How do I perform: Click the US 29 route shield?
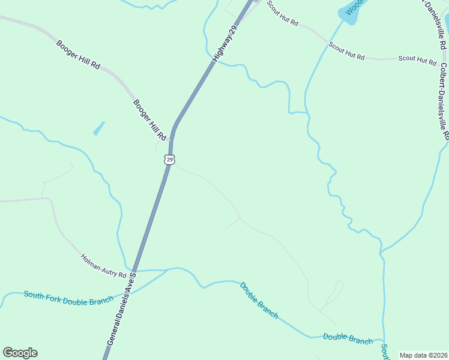click(170, 160)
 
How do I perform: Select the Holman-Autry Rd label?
click(103, 266)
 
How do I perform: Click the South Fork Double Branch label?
click(68, 298)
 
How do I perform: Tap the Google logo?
click(20, 353)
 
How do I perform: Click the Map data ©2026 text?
click(423, 355)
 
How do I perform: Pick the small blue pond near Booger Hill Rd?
click(98, 128)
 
